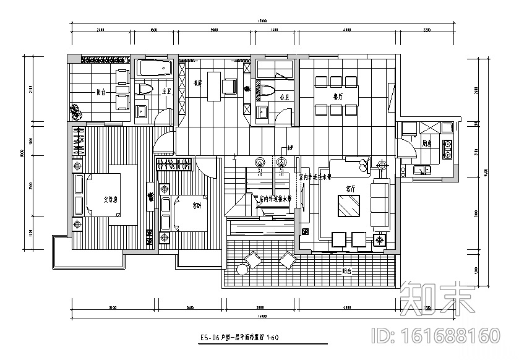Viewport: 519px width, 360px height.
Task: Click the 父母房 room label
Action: coord(110,199)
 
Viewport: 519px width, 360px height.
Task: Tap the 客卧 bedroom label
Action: coord(197,206)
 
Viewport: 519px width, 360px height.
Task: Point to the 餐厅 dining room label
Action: coord(338,96)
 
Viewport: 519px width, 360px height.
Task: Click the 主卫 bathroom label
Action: coord(165,91)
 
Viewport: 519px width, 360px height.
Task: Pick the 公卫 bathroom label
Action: coord(283,97)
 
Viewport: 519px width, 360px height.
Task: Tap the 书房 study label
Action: coord(197,82)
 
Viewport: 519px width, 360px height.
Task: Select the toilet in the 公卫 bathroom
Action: coord(267,92)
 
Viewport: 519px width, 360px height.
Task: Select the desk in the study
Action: coord(213,86)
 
